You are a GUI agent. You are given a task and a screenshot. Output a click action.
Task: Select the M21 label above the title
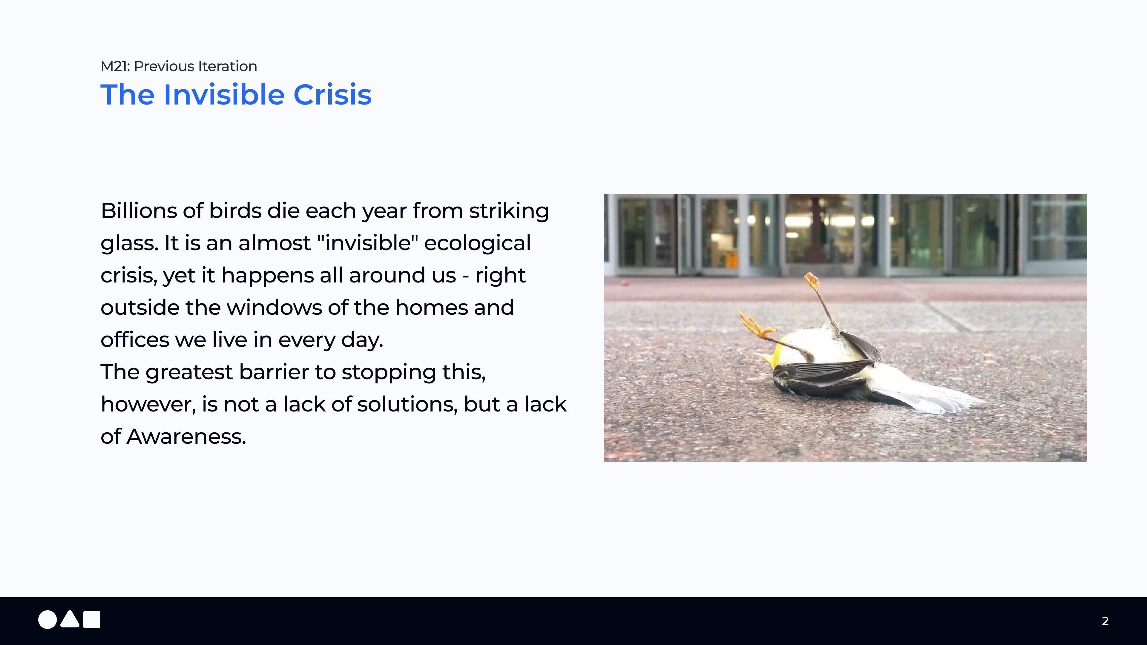(115, 66)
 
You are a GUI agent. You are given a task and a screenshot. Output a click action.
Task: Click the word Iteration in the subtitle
(228, 66)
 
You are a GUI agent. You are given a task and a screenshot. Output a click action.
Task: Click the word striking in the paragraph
(509, 211)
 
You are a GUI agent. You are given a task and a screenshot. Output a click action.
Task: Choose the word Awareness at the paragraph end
(186, 436)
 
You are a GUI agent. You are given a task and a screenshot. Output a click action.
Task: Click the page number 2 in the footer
(1105, 621)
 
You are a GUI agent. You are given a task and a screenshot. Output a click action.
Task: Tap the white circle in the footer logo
(47, 620)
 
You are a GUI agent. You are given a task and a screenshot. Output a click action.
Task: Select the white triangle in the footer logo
(70, 620)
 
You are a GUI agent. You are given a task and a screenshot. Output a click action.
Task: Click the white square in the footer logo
(92, 620)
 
